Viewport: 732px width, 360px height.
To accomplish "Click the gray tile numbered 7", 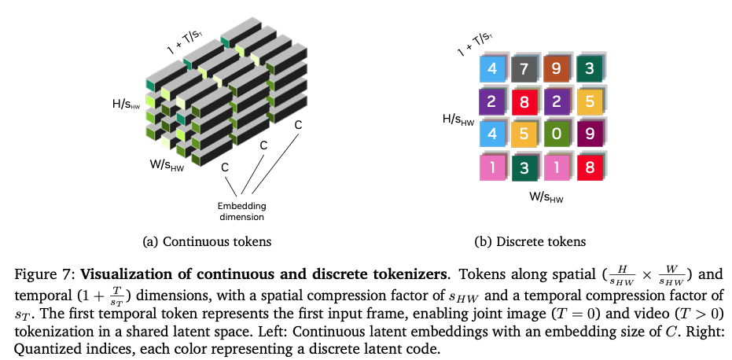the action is point(524,69).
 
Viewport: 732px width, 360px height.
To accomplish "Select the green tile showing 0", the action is point(557,134).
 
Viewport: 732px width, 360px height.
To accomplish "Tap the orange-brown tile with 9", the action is point(556,69).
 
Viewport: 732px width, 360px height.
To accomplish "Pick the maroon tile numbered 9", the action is point(590,134).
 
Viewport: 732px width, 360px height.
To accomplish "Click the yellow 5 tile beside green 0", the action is point(524,134).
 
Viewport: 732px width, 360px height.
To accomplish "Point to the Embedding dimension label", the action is point(242,211).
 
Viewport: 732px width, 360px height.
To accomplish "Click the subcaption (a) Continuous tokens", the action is point(207,241).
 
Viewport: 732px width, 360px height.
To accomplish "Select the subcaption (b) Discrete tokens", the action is point(530,241).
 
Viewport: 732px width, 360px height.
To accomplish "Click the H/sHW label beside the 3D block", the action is point(126,104).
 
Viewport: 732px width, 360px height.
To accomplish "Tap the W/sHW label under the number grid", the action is point(546,197).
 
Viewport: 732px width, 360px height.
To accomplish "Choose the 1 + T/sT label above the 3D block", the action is point(186,42).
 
